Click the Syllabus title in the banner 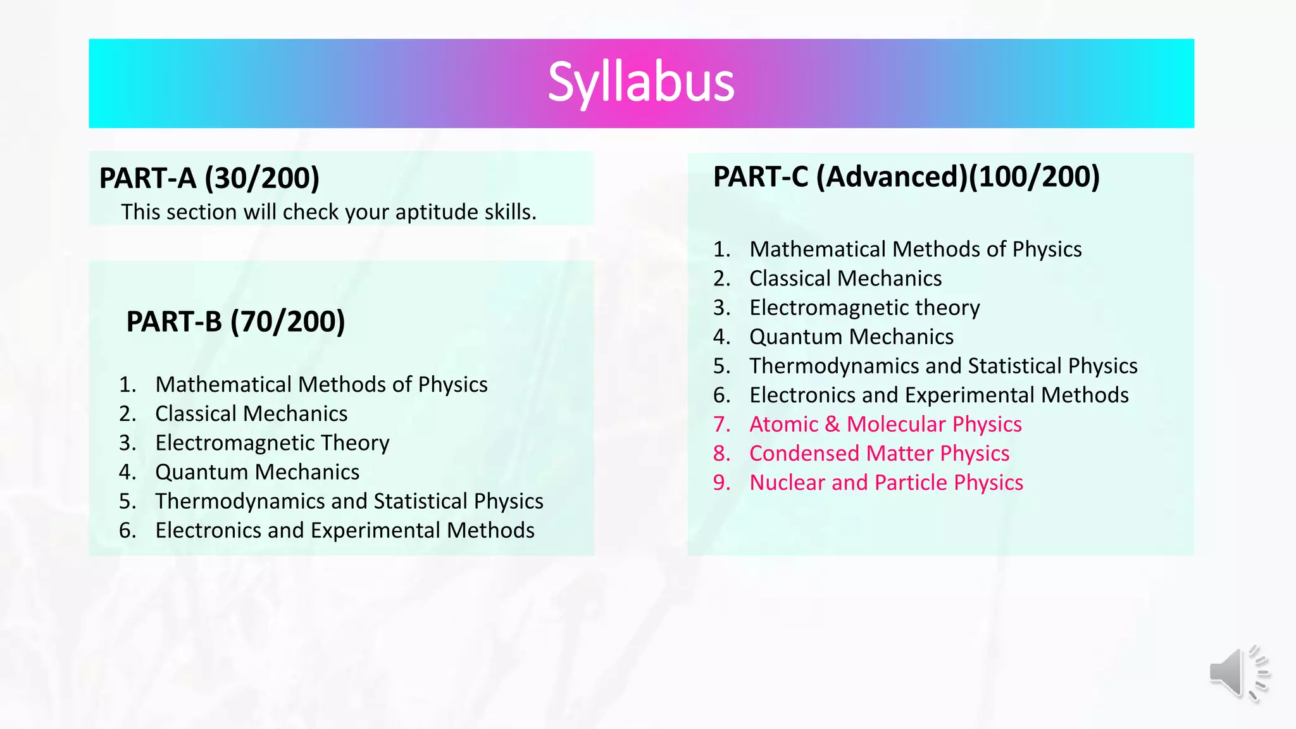[x=640, y=82]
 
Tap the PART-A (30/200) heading [x=209, y=178]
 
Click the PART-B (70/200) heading [x=235, y=321]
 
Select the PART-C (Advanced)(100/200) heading [x=906, y=177]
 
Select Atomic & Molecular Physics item [x=885, y=424]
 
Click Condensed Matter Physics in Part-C [x=879, y=453]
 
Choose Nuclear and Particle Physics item [x=886, y=482]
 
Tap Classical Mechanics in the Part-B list [x=251, y=414]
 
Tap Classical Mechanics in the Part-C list [x=845, y=278]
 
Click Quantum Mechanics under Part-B [x=257, y=472]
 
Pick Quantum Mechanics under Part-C [x=851, y=337]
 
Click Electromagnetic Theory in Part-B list [x=272, y=443]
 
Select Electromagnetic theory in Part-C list [x=864, y=308]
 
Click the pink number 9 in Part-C [x=720, y=483]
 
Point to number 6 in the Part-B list [x=127, y=530]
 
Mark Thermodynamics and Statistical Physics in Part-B [x=349, y=501]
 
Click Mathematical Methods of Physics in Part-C [x=915, y=249]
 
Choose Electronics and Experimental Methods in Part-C [x=939, y=395]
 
